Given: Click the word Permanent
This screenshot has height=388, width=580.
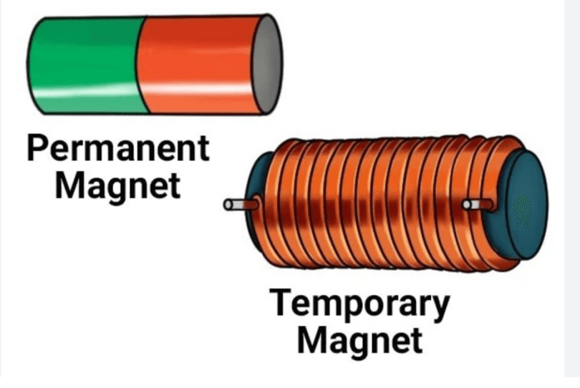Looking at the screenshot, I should (x=119, y=150).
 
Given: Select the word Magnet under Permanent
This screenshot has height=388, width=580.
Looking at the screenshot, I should (x=117, y=185).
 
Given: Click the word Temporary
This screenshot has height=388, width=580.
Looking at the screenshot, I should (x=359, y=306).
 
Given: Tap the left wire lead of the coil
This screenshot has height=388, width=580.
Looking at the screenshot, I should (x=241, y=205).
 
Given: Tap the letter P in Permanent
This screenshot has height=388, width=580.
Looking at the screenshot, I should (x=39, y=148).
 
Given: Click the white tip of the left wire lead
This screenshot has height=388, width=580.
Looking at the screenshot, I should (x=228, y=205).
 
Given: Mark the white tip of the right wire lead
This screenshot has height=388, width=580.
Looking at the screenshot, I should (x=467, y=205).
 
